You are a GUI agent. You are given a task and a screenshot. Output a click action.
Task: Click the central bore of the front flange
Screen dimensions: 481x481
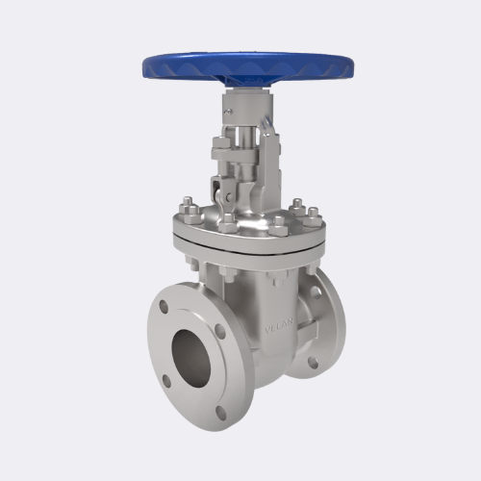[x=193, y=355]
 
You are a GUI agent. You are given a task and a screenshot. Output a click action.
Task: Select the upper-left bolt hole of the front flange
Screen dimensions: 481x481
[x=164, y=310]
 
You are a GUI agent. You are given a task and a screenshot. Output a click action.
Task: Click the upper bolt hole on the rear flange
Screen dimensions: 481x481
[x=316, y=288]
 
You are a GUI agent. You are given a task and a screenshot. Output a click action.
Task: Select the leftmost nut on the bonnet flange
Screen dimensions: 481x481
[x=187, y=207]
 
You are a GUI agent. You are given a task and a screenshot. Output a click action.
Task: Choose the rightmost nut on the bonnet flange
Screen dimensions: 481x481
[x=313, y=214]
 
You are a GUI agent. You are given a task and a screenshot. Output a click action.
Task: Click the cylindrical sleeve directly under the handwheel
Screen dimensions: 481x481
[x=238, y=104]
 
